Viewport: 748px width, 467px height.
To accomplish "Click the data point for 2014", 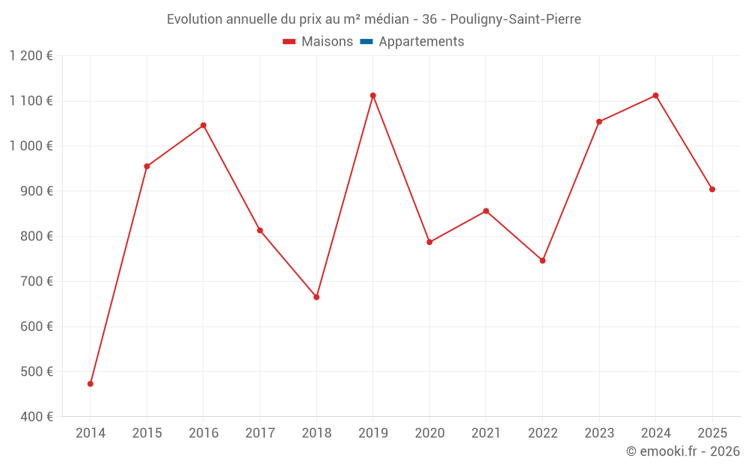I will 91,384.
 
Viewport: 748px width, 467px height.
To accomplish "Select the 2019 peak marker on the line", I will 373,96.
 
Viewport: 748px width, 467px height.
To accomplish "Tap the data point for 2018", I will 316,297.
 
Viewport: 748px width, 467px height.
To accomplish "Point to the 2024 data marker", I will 656,96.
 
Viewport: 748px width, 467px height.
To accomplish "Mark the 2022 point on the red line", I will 543,261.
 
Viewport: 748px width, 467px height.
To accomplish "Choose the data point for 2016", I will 203,126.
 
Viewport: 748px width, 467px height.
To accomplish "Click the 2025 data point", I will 712,190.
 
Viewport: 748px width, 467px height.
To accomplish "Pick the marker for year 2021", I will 486,211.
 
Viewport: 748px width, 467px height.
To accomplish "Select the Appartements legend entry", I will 421,42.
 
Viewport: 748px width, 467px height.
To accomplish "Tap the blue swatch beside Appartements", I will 366,42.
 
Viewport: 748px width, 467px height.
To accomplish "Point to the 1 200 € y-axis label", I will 31,56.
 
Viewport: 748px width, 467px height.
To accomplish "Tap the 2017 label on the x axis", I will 260,433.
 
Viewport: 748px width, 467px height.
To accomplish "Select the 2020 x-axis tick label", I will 429,433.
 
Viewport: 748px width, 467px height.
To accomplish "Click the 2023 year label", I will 599,433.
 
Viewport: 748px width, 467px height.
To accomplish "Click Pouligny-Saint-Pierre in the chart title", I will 515,19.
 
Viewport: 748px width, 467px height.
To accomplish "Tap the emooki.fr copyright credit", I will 683,451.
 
